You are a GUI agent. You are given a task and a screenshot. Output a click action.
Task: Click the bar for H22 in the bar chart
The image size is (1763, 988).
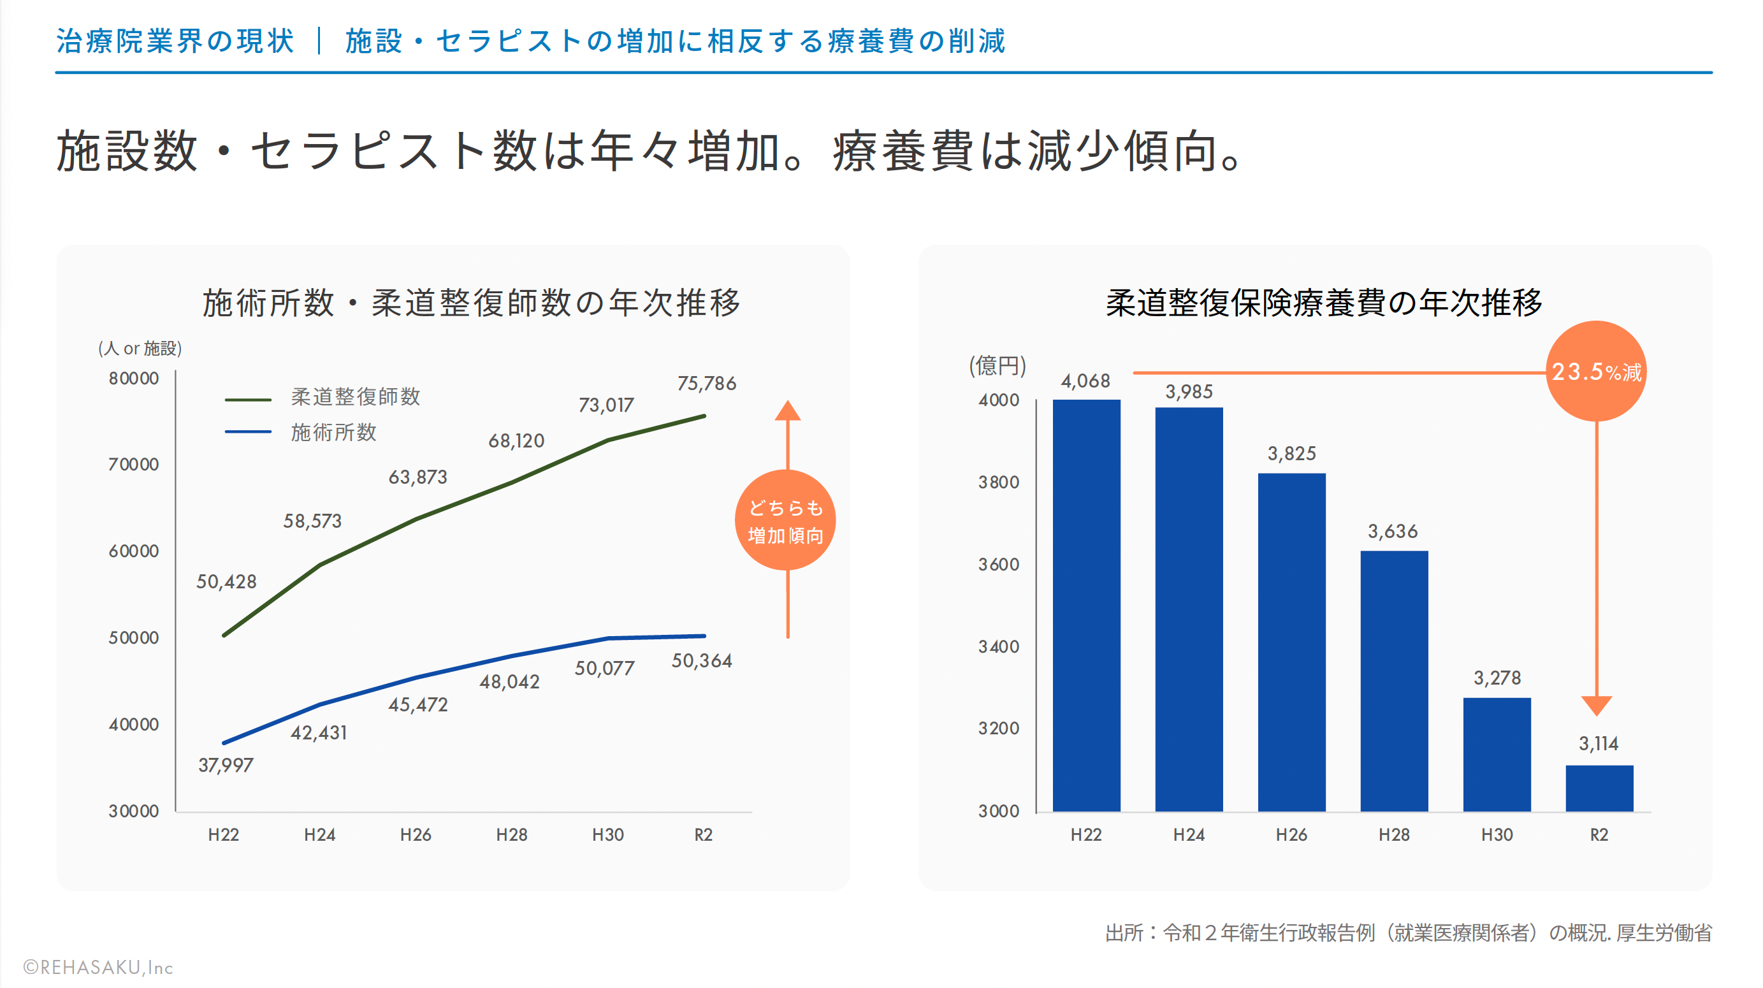tap(1086, 606)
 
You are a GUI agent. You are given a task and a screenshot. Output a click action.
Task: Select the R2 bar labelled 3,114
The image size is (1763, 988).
tap(1599, 788)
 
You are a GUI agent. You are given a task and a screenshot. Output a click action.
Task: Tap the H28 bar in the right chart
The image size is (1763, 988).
tap(1394, 681)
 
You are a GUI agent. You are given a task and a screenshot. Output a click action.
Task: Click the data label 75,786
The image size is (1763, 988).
tap(706, 383)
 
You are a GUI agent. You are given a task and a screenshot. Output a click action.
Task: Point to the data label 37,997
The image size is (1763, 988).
tap(226, 765)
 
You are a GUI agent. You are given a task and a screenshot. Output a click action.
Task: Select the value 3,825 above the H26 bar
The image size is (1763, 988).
tap(1291, 454)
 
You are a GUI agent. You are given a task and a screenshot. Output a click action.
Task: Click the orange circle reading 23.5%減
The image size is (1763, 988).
tap(1596, 372)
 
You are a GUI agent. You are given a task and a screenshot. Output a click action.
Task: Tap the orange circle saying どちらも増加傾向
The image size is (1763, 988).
tap(786, 521)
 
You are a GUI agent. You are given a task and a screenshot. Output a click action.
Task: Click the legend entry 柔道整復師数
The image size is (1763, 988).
tap(355, 397)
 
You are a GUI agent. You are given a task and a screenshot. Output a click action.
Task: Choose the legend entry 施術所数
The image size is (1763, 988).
tap(333, 432)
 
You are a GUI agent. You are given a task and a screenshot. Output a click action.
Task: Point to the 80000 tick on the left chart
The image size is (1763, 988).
tap(133, 379)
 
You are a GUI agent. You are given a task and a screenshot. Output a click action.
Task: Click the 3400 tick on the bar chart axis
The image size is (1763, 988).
tap(999, 646)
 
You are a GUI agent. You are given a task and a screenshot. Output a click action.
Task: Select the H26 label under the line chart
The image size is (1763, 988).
tap(416, 835)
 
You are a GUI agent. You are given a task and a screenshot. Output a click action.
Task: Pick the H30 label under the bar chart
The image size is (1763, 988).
tap(1497, 835)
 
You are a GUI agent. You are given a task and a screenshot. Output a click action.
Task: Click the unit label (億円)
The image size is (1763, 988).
tap(997, 365)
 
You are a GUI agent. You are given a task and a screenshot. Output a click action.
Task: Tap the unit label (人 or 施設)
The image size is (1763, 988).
tap(140, 348)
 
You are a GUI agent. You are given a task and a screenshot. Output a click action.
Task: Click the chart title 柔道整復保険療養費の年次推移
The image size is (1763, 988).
tap(1324, 302)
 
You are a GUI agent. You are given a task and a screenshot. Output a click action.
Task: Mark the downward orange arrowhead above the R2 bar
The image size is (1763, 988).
tap(1597, 706)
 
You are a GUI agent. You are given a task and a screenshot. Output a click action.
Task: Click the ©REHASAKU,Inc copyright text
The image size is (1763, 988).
tap(98, 968)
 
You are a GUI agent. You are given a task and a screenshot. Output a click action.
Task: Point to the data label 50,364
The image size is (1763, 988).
tap(702, 661)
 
